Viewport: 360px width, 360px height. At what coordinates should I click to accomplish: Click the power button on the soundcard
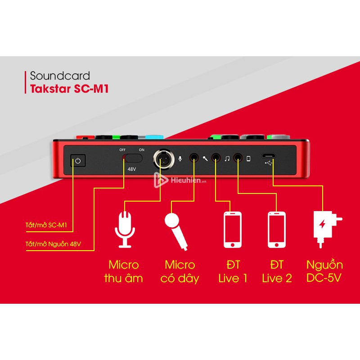[77, 160]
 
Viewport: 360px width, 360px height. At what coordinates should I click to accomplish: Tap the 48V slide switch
[133, 158]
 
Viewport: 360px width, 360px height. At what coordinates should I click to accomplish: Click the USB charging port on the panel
[269, 157]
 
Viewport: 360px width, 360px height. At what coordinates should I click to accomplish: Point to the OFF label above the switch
[122, 149]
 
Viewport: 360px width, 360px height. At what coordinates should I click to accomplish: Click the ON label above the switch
[142, 149]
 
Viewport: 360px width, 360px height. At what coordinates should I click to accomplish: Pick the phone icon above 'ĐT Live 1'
[233, 229]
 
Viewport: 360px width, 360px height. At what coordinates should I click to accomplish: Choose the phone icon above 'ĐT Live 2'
[276, 229]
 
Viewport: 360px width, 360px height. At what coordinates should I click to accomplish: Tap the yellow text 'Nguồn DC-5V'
[324, 271]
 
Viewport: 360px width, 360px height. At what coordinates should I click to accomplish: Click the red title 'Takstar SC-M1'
[69, 89]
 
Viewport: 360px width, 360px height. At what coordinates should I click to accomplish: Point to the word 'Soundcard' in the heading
[60, 76]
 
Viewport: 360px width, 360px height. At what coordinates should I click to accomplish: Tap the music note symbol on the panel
[227, 158]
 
